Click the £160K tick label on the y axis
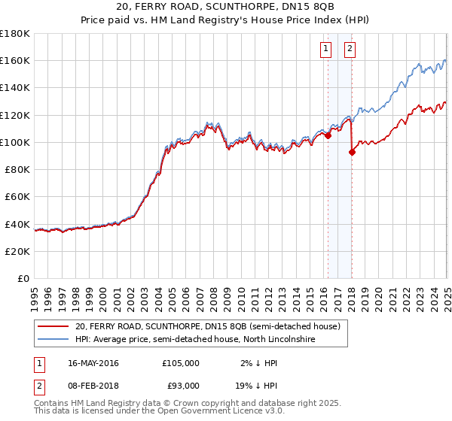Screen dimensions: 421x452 [x=16, y=60]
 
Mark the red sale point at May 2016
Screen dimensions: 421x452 [x=328, y=136]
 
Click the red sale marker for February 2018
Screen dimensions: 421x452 [x=352, y=152]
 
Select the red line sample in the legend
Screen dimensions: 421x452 [x=54, y=327]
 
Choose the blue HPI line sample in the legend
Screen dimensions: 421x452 [x=54, y=340]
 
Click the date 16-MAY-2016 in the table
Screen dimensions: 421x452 [x=93, y=363]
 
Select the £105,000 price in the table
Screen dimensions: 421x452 [x=181, y=363]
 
